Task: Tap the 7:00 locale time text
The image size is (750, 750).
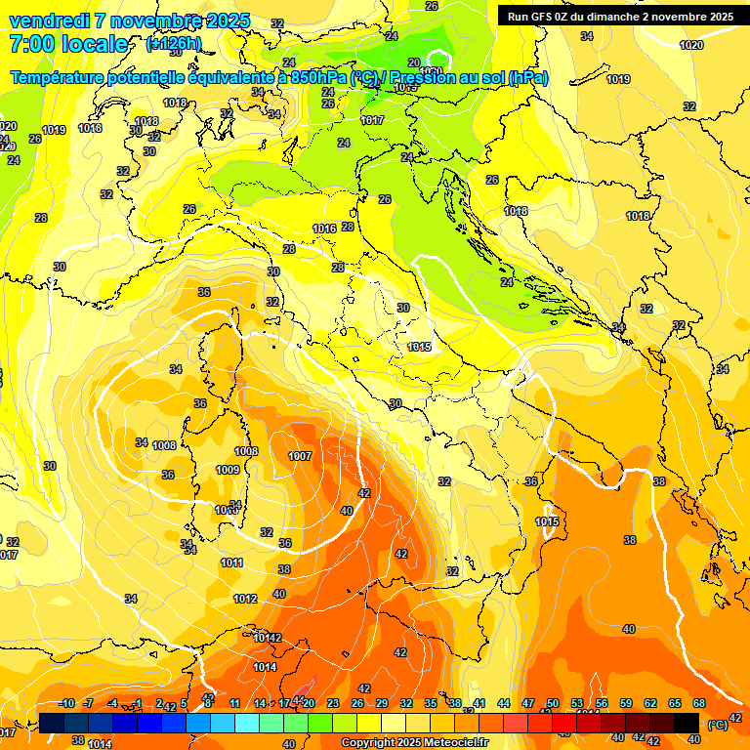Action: [x=68, y=44]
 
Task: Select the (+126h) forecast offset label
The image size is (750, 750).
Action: [x=174, y=44]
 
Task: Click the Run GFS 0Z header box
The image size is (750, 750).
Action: [x=620, y=17]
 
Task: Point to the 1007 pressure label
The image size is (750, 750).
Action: [x=300, y=456]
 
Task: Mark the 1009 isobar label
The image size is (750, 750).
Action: [x=227, y=470]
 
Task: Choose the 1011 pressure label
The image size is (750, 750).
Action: [x=231, y=562]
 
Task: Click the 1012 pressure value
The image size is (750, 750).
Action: [x=245, y=599]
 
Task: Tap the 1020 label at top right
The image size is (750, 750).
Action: [x=691, y=45]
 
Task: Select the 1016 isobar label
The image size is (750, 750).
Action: [x=324, y=229]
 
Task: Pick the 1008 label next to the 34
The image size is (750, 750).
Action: [x=164, y=445]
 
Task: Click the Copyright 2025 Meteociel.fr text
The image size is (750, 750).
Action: [x=414, y=742]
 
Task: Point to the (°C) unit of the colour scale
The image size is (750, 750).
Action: [x=718, y=725]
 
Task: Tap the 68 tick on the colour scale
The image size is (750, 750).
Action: [x=698, y=703]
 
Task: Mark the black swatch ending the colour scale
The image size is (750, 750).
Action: [x=687, y=723]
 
